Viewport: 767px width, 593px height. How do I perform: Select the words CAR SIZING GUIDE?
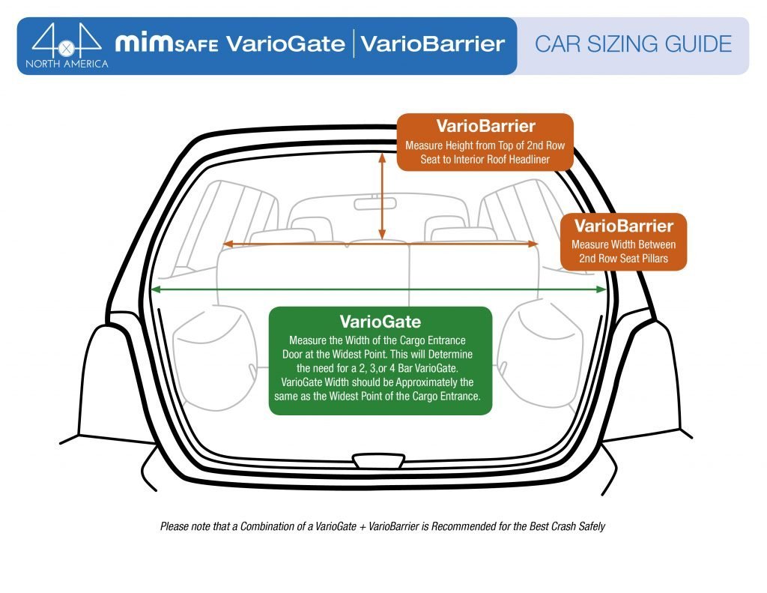point(633,44)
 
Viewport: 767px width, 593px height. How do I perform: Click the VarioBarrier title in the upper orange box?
point(485,126)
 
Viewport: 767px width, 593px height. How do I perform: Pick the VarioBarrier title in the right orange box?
point(623,226)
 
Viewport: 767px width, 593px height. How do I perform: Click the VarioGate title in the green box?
point(380,322)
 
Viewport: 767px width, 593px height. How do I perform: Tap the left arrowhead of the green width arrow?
point(156,289)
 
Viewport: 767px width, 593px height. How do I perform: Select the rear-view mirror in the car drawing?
point(375,204)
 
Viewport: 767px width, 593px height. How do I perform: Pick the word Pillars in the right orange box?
point(652,259)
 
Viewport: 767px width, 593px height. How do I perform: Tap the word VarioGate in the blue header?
point(285,43)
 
